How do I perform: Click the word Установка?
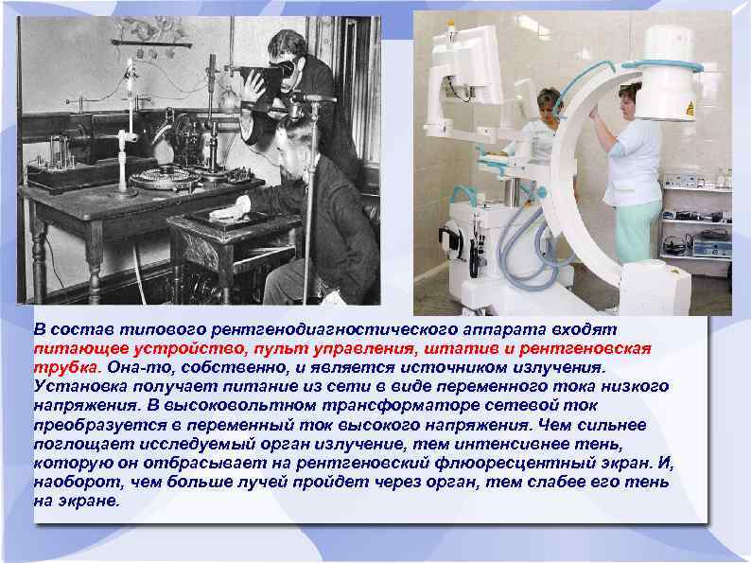(78, 387)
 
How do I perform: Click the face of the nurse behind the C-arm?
(548, 103)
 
